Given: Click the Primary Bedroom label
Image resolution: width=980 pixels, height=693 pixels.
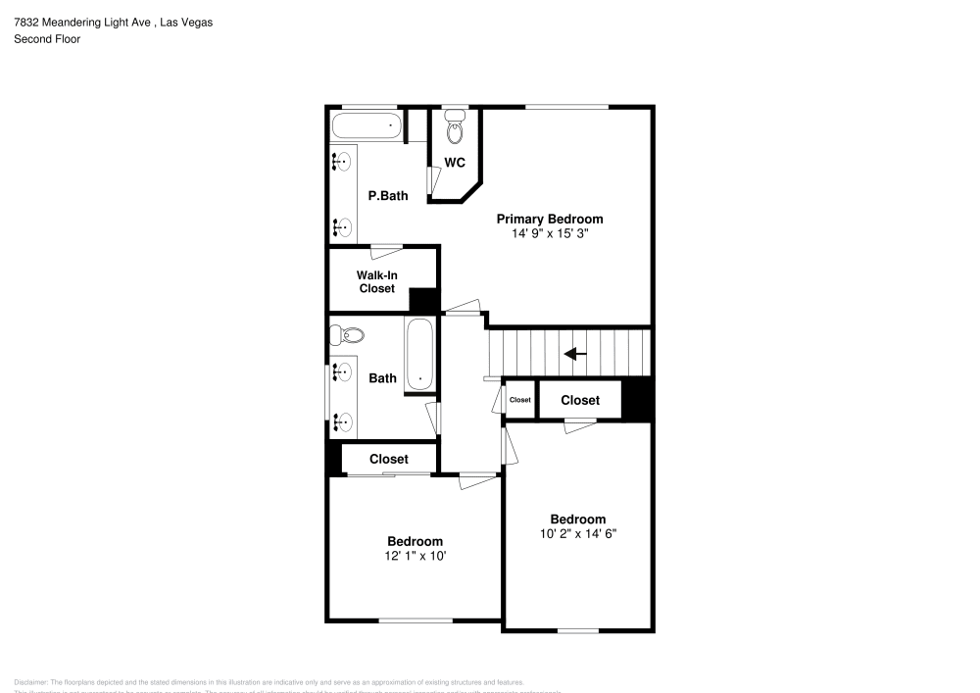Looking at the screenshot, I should [549, 219].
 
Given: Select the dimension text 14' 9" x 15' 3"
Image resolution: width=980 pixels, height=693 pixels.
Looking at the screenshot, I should [549, 234].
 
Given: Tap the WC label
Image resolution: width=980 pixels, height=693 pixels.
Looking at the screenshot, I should [455, 163].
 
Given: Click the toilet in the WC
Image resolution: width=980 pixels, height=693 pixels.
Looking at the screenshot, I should [455, 127].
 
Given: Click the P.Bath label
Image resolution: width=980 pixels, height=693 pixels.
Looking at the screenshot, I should [387, 196].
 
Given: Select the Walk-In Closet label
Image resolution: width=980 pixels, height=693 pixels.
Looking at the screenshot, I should [376, 282].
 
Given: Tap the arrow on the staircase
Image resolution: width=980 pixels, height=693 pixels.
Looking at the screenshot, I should [575, 354].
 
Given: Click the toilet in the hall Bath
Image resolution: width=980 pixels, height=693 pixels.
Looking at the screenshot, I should [348, 335].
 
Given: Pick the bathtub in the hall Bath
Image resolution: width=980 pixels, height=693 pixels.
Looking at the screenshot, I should [420, 355].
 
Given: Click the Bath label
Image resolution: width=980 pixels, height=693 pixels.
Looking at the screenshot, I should [382, 377].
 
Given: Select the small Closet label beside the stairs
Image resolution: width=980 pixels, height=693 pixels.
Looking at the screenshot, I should [519, 400].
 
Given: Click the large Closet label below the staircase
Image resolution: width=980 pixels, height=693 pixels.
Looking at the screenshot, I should [580, 400].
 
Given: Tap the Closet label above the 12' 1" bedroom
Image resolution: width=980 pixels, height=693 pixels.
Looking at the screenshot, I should [389, 459].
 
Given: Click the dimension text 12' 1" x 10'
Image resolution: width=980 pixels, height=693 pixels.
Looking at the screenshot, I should [415, 556].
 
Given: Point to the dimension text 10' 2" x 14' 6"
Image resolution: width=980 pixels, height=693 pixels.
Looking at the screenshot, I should [577, 534].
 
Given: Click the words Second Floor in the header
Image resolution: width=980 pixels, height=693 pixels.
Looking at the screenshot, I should [47, 39].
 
